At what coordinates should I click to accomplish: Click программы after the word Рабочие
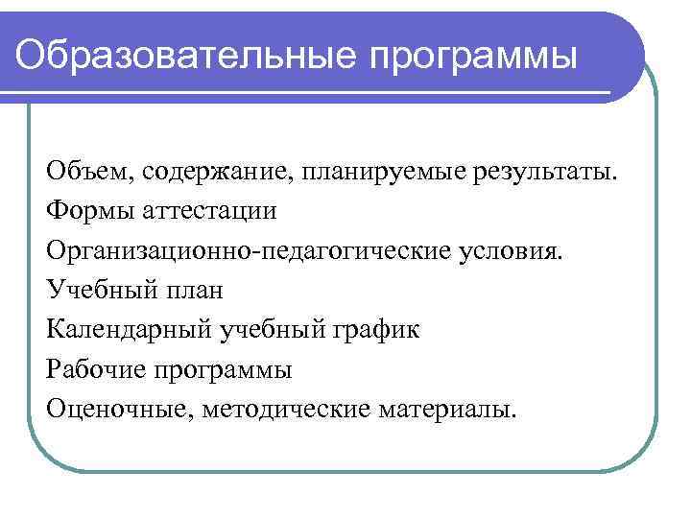coord(223,370)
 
